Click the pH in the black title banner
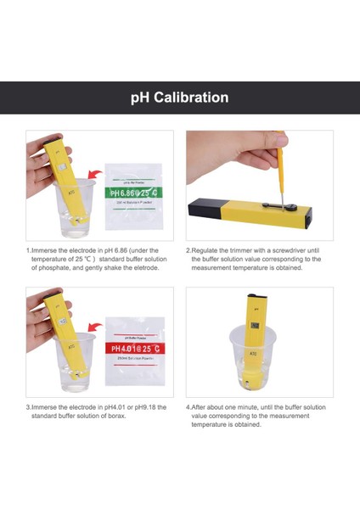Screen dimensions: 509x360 [140, 98]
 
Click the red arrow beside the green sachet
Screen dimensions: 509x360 [94, 175]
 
